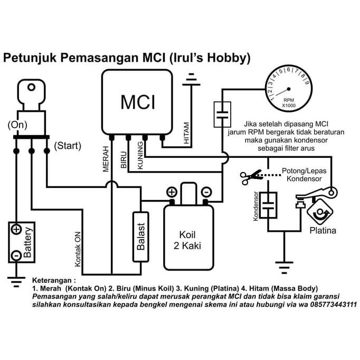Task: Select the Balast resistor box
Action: tap(140, 236)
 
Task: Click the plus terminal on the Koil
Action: tap(172, 192)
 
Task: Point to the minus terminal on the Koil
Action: tap(207, 192)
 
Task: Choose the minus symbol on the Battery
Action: tap(16, 255)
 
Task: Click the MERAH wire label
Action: tap(106, 158)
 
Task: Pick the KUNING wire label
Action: tap(140, 157)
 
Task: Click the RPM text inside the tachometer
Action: tap(289, 99)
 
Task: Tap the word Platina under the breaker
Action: tap(323, 231)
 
